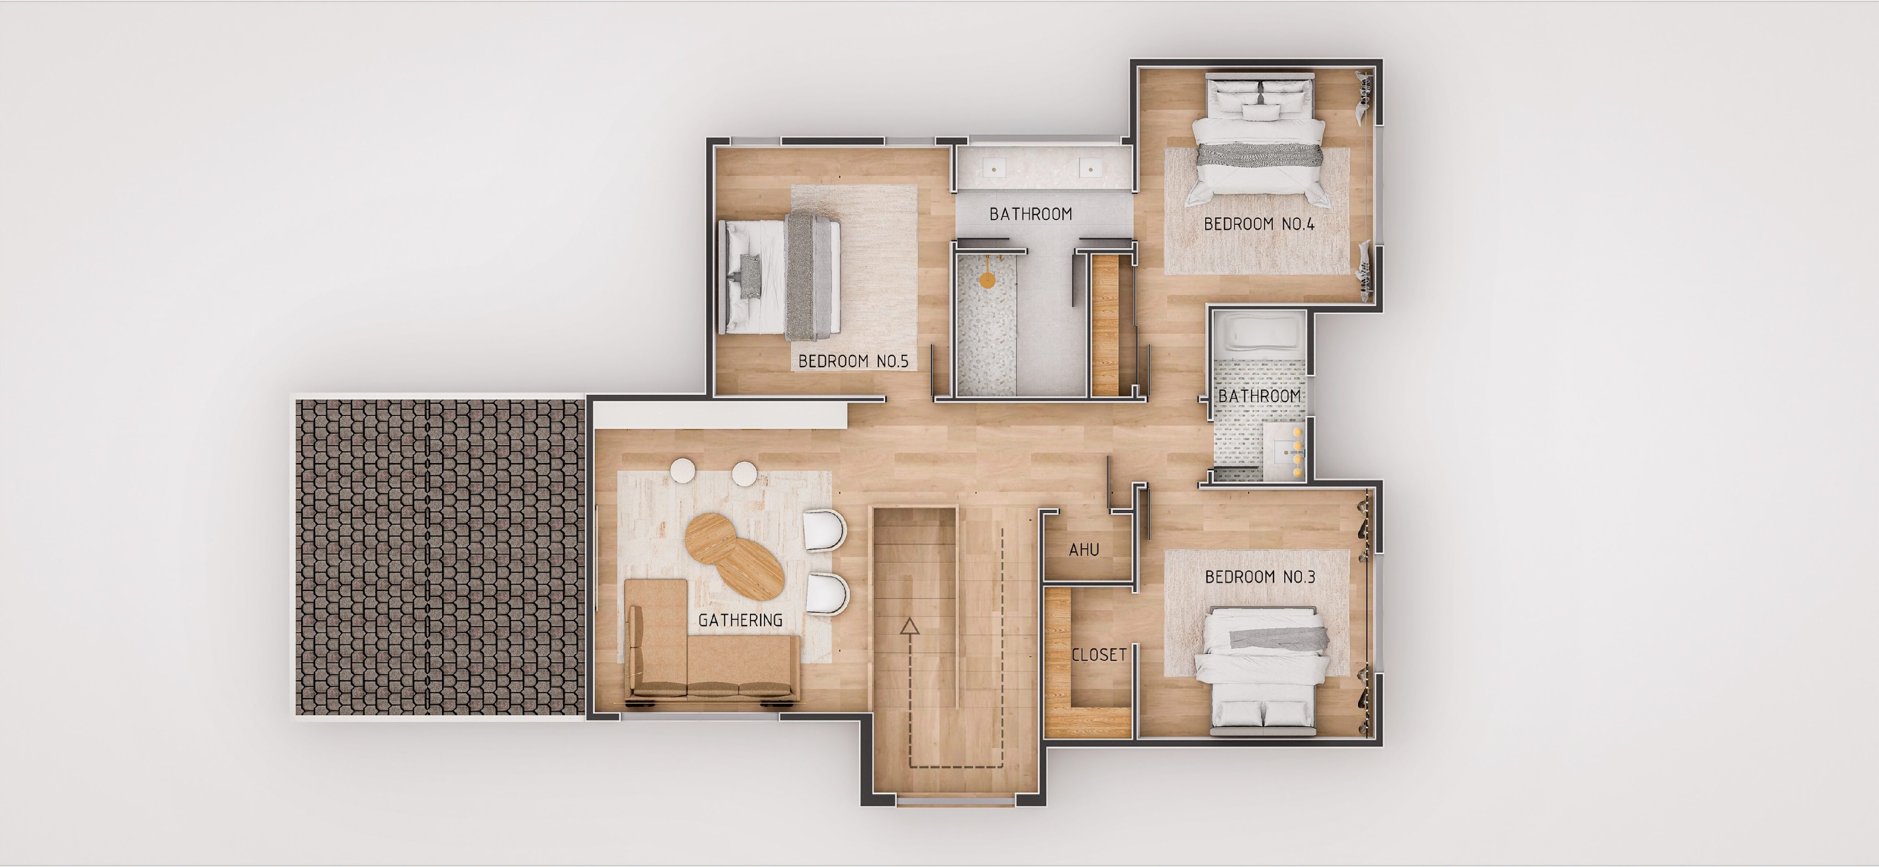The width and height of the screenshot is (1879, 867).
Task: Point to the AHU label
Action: [1084, 550]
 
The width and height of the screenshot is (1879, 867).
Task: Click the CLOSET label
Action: [1098, 655]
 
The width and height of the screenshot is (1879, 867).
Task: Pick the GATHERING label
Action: [740, 620]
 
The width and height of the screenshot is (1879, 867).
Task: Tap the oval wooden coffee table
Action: [734, 556]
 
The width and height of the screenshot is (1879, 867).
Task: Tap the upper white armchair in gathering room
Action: [824, 530]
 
